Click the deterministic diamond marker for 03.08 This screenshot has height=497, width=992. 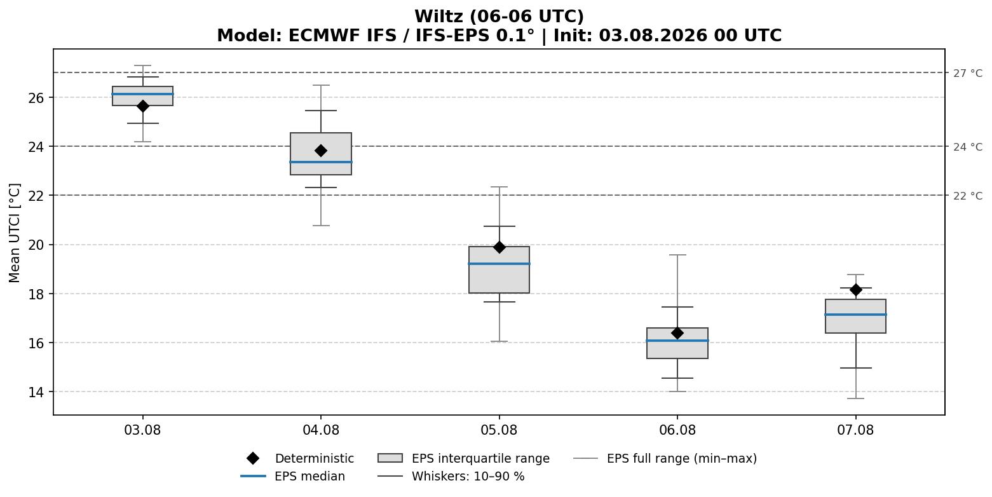[142, 106]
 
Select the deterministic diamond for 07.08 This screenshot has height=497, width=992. [855, 290]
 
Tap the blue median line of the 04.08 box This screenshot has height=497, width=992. [321, 162]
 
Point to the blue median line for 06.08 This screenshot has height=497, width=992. [677, 341]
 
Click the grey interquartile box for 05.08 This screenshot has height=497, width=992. [499, 269]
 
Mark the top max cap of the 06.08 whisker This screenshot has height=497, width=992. [677, 255]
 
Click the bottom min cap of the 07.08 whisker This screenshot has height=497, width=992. [855, 398]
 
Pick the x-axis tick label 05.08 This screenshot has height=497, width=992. [499, 430]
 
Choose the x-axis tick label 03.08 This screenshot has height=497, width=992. [142, 430]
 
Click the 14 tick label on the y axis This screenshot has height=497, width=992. [36, 392]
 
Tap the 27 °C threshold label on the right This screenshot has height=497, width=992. [968, 73]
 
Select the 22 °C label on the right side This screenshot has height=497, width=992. [968, 196]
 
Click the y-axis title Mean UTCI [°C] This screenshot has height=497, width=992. [15, 233]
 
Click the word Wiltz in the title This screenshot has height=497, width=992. [440, 17]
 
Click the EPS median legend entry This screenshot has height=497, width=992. [293, 476]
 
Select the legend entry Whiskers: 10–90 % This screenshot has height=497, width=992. [451, 476]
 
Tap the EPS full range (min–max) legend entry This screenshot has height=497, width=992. [665, 458]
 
